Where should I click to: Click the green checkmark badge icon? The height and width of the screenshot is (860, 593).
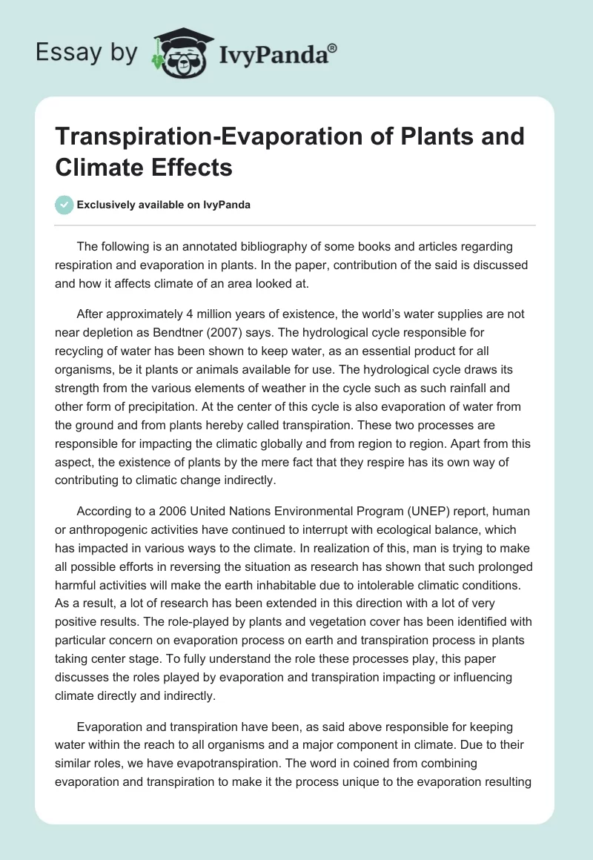click(64, 205)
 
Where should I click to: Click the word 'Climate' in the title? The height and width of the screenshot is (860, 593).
click(97, 168)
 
